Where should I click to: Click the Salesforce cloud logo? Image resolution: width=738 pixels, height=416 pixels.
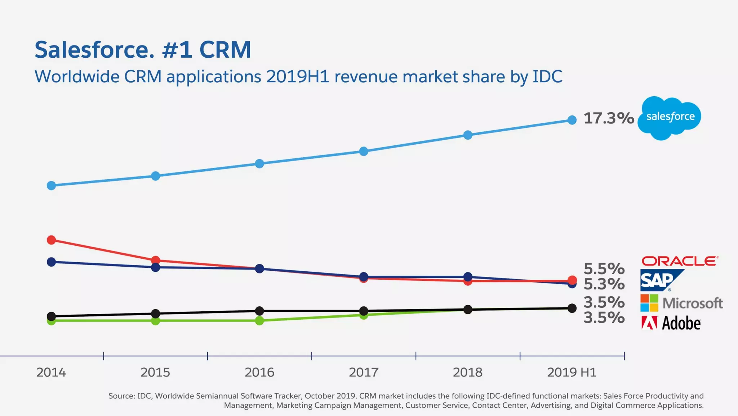coord(670,118)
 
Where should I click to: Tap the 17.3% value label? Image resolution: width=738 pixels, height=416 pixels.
coord(609,118)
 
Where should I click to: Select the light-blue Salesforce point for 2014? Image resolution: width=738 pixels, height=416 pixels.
coord(52,185)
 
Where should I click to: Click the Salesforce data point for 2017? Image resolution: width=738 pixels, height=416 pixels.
coord(364,151)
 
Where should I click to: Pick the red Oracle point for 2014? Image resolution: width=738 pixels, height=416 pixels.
coord(52,240)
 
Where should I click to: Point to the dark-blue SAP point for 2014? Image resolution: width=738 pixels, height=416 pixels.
coord(52,262)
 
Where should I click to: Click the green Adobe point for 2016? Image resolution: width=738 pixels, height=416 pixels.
coord(259,321)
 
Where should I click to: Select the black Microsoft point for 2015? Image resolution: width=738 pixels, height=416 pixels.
coord(155,313)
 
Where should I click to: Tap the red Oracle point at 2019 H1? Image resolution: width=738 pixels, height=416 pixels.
coord(572,280)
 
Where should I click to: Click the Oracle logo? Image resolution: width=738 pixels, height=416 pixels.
coord(680,261)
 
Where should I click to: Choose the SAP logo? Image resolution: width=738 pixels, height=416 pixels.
coord(659,280)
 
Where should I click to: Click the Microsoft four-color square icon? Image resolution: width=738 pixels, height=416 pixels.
coord(649,303)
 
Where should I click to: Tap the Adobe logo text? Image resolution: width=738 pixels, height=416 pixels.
coord(681,323)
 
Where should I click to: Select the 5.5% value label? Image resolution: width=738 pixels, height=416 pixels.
coord(604,269)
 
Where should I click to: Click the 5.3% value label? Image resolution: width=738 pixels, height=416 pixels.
coord(604,284)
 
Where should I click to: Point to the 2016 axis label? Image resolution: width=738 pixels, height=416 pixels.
coord(259,372)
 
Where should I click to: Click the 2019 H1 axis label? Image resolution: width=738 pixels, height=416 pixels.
coord(572,372)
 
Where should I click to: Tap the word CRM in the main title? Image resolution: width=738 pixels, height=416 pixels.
coord(225,50)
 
